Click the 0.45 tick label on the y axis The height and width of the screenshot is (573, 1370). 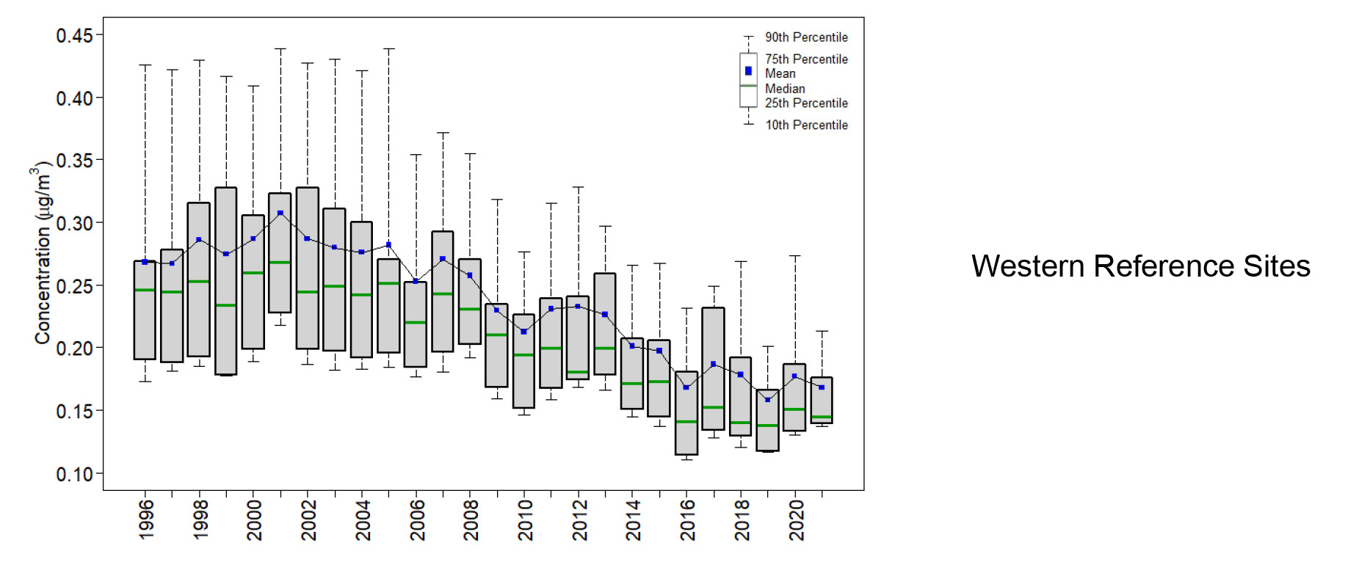(74, 35)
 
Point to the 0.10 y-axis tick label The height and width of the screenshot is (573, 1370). (74, 474)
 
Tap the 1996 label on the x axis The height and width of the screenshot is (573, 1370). (146, 519)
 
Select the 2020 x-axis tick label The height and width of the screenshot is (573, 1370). (796, 519)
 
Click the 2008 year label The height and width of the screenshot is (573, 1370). (471, 519)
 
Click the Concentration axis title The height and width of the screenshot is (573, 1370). (43, 253)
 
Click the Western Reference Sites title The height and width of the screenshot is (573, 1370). (1140, 266)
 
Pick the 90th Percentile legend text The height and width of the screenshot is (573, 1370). (806, 37)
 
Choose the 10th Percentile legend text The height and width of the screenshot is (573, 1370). (806, 125)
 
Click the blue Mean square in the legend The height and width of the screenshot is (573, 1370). (748, 71)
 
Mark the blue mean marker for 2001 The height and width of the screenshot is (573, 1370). (280, 213)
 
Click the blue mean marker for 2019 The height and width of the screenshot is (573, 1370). (768, 400)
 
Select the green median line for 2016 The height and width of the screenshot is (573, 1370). (686, 422)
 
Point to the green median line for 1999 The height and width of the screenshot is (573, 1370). (226, 305)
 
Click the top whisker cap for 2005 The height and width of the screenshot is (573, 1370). (389, 49)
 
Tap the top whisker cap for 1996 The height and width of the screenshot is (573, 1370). (145, 65)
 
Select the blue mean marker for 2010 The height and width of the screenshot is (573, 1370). (523, 332)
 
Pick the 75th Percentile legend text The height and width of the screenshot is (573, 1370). (806, 59)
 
